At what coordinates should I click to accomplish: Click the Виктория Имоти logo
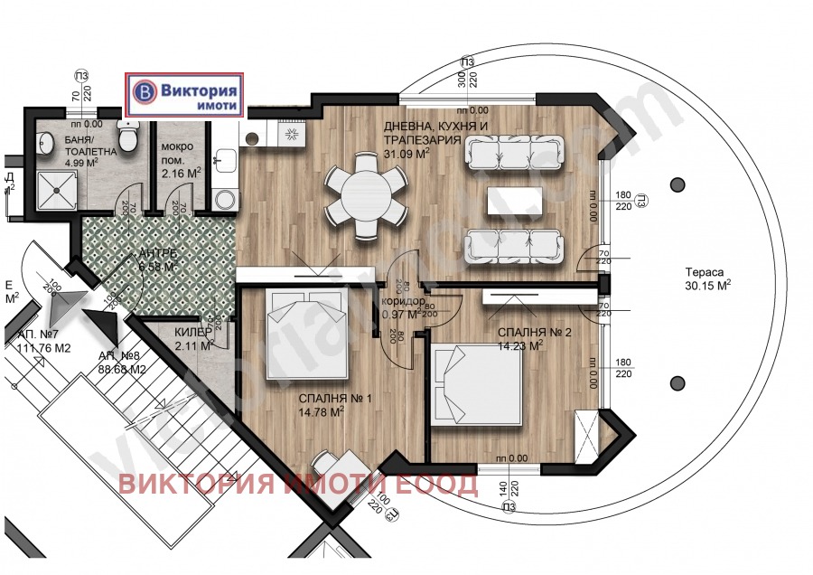tap(185, 95)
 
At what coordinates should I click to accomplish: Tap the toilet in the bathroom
tap(128, 137)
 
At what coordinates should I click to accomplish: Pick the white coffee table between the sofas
tap(515, 201)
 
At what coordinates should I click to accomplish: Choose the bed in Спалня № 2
tap(476, 384)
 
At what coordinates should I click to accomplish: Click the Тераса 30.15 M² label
tap(707, 281)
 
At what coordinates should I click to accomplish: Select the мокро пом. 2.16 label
tap(181, 158)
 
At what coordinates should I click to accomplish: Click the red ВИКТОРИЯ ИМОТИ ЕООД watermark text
tap(298, 485)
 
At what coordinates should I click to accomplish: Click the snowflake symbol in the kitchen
tap(292, 134)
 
